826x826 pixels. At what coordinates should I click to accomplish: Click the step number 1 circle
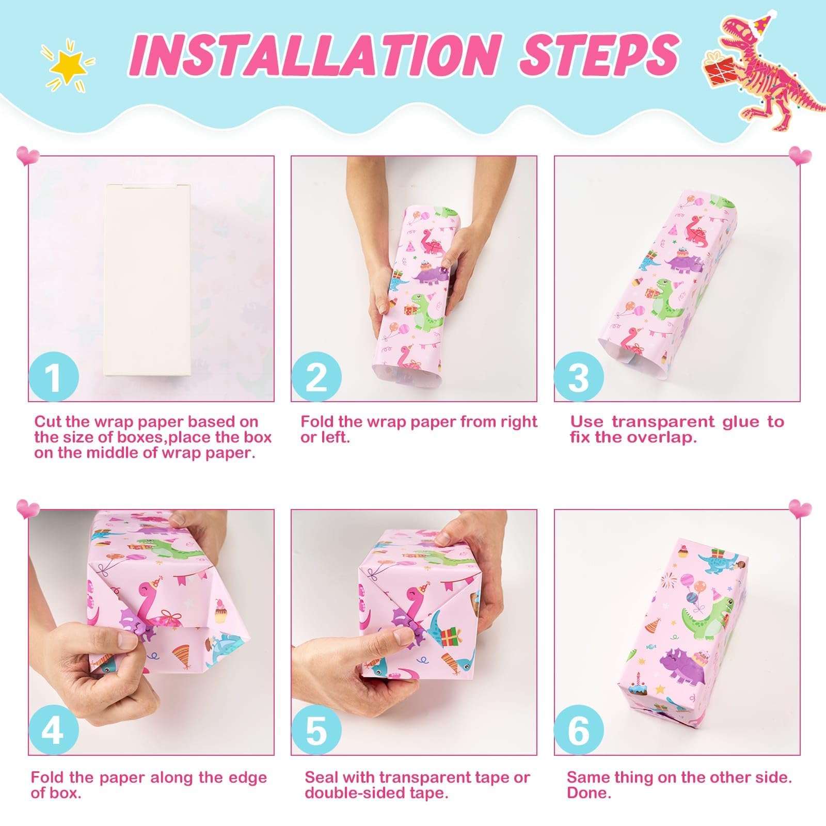click(54, 376)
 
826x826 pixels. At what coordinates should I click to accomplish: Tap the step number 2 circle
click(316, 376)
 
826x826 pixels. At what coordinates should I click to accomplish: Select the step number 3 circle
click(579, 376)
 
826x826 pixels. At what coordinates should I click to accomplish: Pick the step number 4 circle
click(54, 730)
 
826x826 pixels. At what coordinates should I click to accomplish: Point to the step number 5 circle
click(316, 730)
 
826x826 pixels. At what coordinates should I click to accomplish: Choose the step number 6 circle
click(579, 730)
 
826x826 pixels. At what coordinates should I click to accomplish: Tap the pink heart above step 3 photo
click(800, 155)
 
